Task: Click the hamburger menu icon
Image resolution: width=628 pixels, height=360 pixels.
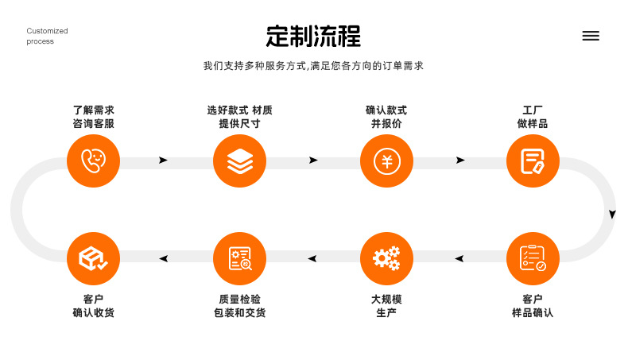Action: pyautogui.click(x=591, y=36)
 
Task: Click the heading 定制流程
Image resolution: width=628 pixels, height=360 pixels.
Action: pyautogui.click(x=313, y=36)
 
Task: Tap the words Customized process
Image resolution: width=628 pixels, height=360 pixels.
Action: pyautogui.click(x=47, y=36)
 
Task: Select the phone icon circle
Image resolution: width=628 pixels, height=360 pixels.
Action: pyautogui.click(x=93, y=161)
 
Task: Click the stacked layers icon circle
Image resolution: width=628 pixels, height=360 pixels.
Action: pyautogui.click(x=239, y=161)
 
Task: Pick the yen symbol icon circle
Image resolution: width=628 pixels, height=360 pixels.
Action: pyautogui.click(x=386, y=161)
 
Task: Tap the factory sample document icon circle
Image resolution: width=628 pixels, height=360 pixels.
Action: pyautogui.click(x=533, y=161)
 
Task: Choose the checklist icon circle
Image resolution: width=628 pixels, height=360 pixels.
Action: pyautogui.click(x=533, y=258)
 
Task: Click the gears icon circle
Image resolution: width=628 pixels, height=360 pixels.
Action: pyautogui.click(x=386, y=258)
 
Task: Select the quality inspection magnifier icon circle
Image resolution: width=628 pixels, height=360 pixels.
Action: pyautogui.click(x=239, y=258)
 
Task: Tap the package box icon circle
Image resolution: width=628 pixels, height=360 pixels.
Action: pyautogui.click(x=93, y=258)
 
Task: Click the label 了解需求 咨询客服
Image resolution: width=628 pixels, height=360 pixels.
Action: pyautogui.click(x=93, y=117)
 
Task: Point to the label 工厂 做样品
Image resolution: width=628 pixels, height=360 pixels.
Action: pyautogui.click(x=533, y=117)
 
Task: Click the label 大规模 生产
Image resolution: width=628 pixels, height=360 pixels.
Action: pyautogui.click(x=386, y=305)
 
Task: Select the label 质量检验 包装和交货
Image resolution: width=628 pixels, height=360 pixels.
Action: pyautogui.click(x=239, y=305)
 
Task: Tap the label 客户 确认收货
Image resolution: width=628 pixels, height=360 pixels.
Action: pyautogui.click(x=93, y=305)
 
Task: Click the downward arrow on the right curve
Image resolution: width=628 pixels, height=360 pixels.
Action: pyautogui.click(x=612, y=215)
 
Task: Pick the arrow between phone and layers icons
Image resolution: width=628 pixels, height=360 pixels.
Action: pyautogui.click(x=163, y=161)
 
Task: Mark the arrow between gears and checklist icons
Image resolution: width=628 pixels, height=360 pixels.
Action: pyautogui.click(x=459, y=259)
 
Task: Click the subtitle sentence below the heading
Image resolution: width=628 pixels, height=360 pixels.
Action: pyautogui.click(x=313, y=66)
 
